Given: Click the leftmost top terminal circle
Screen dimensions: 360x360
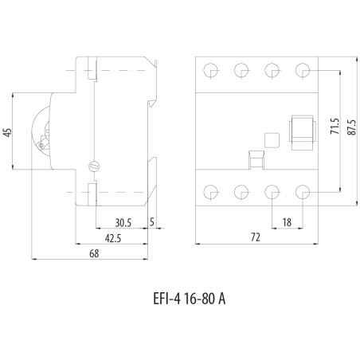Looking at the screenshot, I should tap(212, 70).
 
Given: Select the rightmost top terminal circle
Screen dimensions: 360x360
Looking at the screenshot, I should tap(303, 70).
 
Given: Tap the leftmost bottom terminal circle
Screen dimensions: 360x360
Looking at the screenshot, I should tap(212, 191).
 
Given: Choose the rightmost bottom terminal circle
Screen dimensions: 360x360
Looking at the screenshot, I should tap(303, 191).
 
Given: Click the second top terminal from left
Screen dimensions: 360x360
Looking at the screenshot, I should tap(242, 70).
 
